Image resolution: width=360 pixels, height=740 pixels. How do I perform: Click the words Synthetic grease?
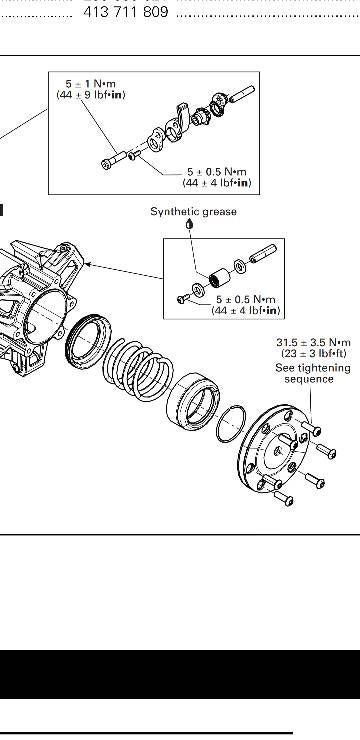(194, 211)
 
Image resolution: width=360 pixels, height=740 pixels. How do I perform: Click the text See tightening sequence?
(314, 373)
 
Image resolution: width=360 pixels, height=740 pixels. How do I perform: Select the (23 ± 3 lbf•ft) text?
(314, 354)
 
